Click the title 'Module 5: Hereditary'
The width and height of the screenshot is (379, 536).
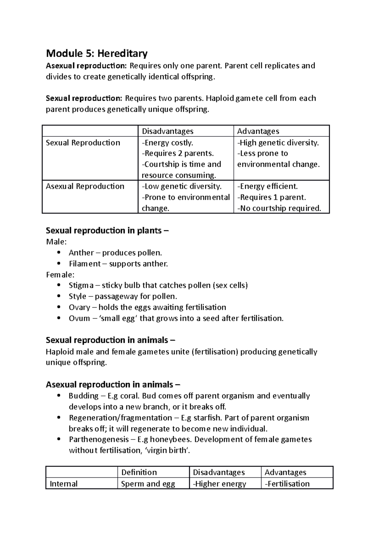[97, 54]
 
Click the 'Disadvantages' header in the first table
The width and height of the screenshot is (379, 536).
[167, 131]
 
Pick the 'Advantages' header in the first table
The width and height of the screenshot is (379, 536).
[258, 131]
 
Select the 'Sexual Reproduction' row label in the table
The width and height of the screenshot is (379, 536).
[83, 143]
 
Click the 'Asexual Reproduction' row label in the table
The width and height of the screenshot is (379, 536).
[85, 186]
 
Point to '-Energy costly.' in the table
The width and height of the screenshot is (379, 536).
[167, 143]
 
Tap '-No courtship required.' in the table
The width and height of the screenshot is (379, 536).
[279, 208]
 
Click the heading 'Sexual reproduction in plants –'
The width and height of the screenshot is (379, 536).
[107, 231]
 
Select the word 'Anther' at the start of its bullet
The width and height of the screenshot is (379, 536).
[81, 253]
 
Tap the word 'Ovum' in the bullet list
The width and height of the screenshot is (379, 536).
[79, 319]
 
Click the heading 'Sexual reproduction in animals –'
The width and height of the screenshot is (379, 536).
[110, 340]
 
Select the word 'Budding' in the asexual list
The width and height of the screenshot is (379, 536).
[84, 396]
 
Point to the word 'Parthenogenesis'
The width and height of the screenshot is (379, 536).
[99, 439]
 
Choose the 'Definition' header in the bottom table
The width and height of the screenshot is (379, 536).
[139, 472]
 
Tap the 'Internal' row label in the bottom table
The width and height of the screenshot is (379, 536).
[63, 484]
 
